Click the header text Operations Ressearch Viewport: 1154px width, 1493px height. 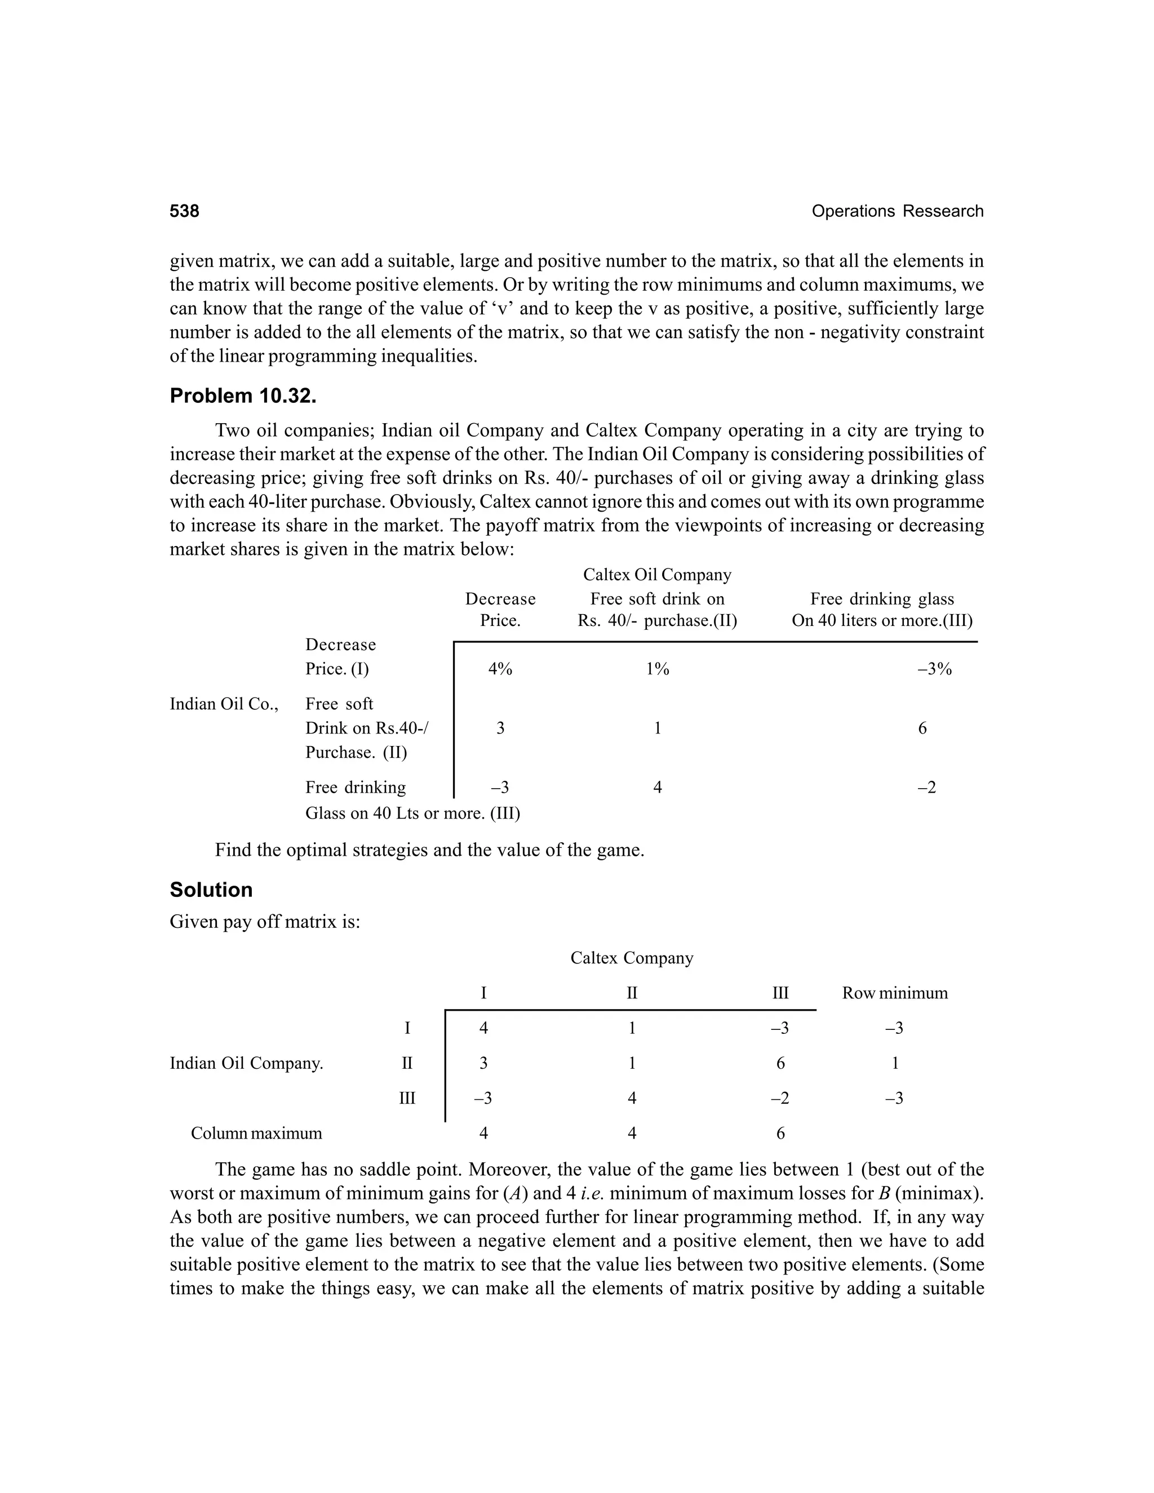point(897,211)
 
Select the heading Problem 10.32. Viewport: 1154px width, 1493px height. point(243,396)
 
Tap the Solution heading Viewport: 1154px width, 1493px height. point(211,890)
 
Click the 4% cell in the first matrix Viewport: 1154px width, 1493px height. point(500,669)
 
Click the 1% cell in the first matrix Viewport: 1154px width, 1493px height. point(657,669)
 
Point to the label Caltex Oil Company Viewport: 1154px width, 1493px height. point(656,574)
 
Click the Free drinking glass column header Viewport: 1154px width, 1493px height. point(881,599)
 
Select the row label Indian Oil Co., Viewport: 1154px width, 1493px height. point(224,704)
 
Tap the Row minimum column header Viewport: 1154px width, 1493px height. point(894,993)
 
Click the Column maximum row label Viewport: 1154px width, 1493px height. point(256,1133)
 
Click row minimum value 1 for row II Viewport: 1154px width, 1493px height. point(894,1063)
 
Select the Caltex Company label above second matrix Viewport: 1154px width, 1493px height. point(631,958)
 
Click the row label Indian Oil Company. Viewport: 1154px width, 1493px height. point(246,1063)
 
